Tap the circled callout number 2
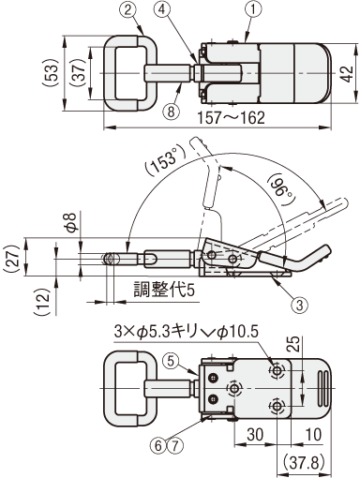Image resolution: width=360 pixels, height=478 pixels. pyautogui.click(x=127, y=9)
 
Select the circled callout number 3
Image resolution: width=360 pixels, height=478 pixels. pyautogui.click(x=299, y=304)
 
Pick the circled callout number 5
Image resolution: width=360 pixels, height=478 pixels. pyautogui.click(x=171, y=361)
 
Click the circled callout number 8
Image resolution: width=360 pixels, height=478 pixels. pyautogui.click(x=171, y=111)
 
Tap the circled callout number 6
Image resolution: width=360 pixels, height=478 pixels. pyautogui.click(x=158, y=445)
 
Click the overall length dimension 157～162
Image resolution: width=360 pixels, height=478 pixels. pyautogui.click(x=231, y=118)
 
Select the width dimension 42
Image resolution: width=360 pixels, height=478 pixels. pyautogui.click(x=347, y=74)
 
